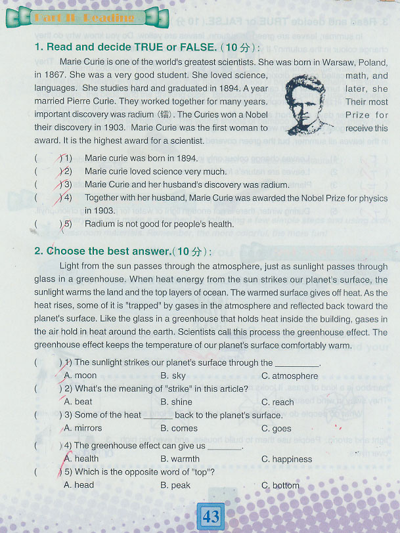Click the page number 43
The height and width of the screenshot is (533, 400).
(x=211, y=516)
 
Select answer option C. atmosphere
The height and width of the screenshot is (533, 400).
(x=289, y=376)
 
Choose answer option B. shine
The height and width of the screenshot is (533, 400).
(x=176, y=402)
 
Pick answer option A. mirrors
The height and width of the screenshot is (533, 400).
(x=83, y=428)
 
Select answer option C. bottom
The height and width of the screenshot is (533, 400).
(x=280, y=485)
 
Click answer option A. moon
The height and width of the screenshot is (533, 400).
(x=80, y=376)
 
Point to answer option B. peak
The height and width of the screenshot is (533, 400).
(x=175, y=485)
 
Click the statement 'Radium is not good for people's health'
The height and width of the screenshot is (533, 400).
(x=159, y=224)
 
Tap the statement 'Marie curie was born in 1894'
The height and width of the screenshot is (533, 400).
(x=141, y=158)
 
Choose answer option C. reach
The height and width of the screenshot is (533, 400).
(x=277, y=402)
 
